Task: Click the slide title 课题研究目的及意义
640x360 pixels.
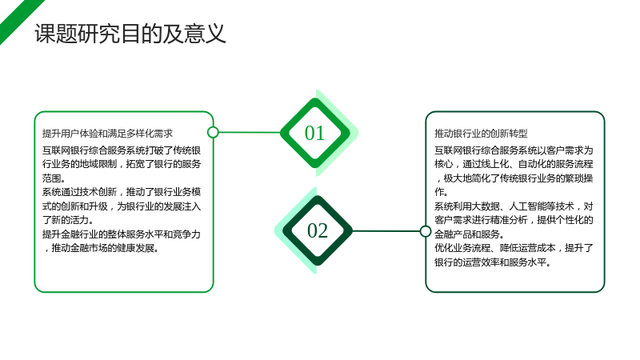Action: click(x=130, y=34)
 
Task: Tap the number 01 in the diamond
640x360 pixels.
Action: click(x=314, y=133)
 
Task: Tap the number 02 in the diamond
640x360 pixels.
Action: click(x=318, y=230)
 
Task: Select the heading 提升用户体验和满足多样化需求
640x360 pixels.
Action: click(x=107, y=134)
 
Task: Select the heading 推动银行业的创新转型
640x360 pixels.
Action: click(x=481, y=134)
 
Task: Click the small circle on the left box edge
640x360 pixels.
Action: click(x=213, y=132)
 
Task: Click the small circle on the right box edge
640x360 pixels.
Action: click(x=426, y=231)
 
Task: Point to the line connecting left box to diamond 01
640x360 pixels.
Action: click(x=250, y=132)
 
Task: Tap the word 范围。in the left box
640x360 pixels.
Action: click(x=54, y=178)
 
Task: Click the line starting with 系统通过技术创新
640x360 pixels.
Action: click(x=122, y=192)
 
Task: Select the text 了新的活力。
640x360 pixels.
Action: click(x=68, y=221)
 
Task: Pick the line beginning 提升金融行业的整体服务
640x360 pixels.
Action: click(x=122, y=234)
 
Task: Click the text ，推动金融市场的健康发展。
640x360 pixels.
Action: click(x=102, y=248)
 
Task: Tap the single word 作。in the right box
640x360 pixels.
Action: click(x=442, y=192)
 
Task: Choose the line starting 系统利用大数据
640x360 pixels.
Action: click(x=514, y=206)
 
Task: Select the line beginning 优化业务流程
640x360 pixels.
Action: click(x=514, y=248)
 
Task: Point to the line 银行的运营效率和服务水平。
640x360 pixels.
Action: click(x=493, y=262)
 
